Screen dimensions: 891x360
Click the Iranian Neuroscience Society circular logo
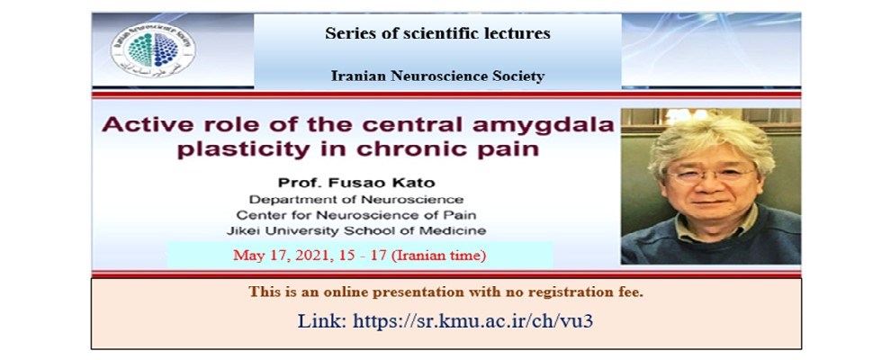point(153,50)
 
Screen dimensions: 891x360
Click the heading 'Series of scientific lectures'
point(437,33)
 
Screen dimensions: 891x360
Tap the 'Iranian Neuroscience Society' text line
point(437,76)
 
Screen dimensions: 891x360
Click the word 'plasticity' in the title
point(244,150)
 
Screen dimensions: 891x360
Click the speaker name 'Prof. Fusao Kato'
point(355,183)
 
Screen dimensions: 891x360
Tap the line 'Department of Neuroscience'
point(356,200)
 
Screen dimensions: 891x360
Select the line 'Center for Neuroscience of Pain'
point(356,215)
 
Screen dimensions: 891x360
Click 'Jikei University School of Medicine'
point(356,231)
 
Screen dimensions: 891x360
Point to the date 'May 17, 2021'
point(272,256)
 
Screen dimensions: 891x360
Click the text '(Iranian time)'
point(439,256)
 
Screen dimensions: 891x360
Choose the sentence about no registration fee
point(445,292)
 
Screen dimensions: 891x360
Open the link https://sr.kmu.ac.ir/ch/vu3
point(472,320)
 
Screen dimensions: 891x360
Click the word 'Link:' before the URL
point(322,320)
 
